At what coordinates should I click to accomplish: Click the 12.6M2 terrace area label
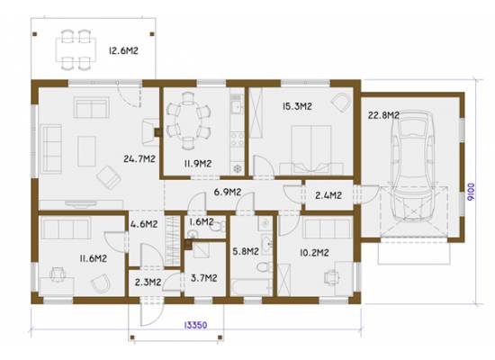123,50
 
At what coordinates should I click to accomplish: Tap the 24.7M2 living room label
139,158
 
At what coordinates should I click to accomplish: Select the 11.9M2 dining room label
198,164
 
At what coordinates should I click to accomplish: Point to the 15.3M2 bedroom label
297,106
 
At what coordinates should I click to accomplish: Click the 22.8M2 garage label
383,115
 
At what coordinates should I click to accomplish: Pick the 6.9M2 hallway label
228,192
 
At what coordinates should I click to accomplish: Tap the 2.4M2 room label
328,195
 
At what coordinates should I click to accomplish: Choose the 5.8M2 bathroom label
246,251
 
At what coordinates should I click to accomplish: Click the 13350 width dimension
195,325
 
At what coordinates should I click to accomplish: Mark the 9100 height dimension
471,192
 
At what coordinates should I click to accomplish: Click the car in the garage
412,166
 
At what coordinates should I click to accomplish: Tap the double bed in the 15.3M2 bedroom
311,149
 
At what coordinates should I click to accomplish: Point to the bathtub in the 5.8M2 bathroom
251,287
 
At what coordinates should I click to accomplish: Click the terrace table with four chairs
76,49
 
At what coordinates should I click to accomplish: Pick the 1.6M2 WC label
202,222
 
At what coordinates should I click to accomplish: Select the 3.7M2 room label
204,278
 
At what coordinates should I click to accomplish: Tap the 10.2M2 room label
314,253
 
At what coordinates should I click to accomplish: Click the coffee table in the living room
86,151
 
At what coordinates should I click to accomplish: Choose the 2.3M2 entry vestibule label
148,282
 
